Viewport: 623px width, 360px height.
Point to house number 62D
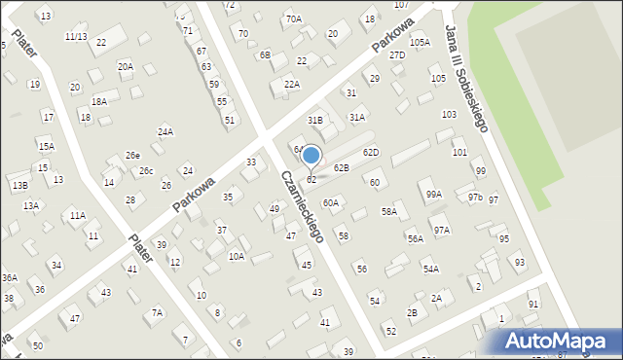(371, 153)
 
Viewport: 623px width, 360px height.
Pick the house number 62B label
(341, 167)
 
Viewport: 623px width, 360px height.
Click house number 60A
(331, 202)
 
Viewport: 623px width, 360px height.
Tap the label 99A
(433, 194)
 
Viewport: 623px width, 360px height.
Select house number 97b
(474, 198)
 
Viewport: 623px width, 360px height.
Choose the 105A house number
(420, 43)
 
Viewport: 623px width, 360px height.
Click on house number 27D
(397, 55)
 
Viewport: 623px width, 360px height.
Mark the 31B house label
(314, 120)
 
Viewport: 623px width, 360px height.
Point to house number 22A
(291, 85)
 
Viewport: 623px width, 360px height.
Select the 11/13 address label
(76, 36)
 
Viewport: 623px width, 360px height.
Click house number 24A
(165, 131)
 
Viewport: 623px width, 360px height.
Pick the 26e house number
(132, 156)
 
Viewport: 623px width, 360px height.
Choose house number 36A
(10, 278)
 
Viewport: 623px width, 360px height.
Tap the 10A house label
(237, 257)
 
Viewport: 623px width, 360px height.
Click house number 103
(449, 115)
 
